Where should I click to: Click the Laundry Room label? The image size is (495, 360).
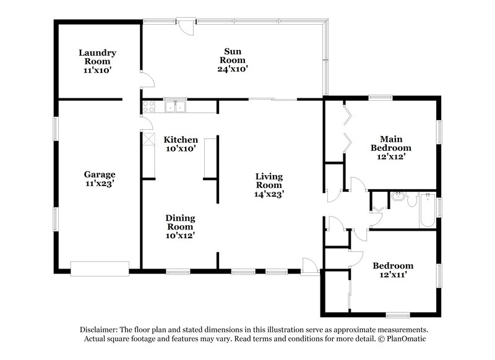click(97, 58)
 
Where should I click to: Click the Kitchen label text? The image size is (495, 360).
click(181, 140)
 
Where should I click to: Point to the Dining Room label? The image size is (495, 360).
click(180, 222)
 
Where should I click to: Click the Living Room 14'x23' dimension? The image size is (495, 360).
click(269, 194)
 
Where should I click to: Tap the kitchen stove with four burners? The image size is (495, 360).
click(148, 107)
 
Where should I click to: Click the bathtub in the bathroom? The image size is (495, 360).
click(428, 211)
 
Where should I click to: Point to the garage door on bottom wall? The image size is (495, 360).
click(99, 268)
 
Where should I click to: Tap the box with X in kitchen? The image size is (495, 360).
click(148, 139)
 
